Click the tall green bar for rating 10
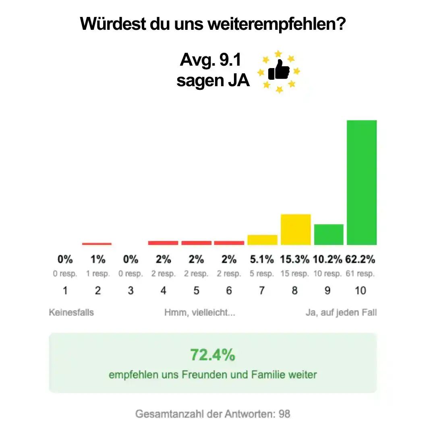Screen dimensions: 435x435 (x=361, y=182)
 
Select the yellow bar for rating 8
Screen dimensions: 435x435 (x=296, y=229)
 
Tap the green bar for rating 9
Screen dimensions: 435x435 (x=329, y=234)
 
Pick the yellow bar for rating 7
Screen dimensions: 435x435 (x=262, y=240)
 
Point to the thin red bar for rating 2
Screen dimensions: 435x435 (x=97, y=244)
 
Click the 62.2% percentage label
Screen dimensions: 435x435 (x=360, y=259)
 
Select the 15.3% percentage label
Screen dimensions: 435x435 (x=295, y=259)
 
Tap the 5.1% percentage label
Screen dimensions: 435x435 (x=262, y=259)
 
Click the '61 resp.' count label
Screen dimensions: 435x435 (x=360, y=274)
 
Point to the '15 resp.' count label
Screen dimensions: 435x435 (x=295, y=274)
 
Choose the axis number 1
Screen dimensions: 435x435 (x=65, y=290)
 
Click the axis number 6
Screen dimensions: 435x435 (x=229, y=290)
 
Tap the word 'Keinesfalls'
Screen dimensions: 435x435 (x=71, y=313)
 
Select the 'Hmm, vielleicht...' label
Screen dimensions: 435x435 (x=200, y=313)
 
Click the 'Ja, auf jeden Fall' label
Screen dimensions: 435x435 (x=341, y=313)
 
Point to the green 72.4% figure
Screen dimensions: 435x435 (x=213, y=355)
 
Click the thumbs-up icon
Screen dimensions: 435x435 (x=279, y=71)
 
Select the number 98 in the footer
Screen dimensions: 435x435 (x=284, y=414)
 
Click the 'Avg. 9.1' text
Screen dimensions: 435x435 (x=210, y=60)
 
